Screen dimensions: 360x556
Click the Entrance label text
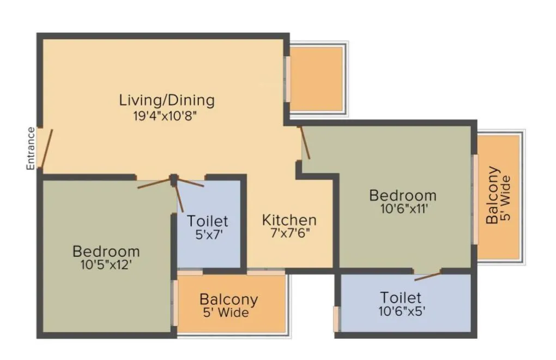(x=31, y=148)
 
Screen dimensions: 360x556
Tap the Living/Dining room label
(x=167, y=100)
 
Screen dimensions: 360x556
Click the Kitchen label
(x=289, y=220)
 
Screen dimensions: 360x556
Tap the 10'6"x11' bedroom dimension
(x=403, y=208)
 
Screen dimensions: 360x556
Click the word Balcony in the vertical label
(x=493, y=195)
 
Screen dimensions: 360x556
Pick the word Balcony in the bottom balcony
(x=228, y=299)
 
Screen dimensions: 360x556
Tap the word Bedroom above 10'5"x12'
(x=106, y=251)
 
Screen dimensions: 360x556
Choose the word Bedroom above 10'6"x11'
(x=403, y=195)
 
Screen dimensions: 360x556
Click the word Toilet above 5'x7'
(x=207, y=221)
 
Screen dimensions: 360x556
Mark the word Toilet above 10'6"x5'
(x=401, y=298)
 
